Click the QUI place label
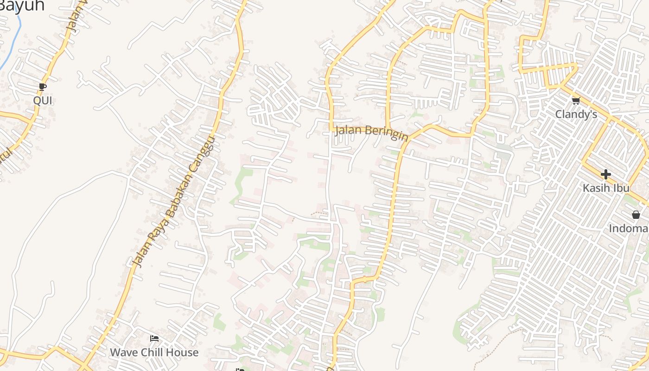(42, 101)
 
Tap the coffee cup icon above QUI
(42, 87)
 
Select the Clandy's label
(576, 114)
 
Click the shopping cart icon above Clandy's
(576, 101)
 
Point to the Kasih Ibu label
(606, 188)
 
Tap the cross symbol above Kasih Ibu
(605, 174)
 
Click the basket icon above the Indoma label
(636, 215)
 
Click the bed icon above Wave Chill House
(154, 339)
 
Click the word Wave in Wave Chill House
(123, 352)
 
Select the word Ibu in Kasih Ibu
(621, 188)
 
